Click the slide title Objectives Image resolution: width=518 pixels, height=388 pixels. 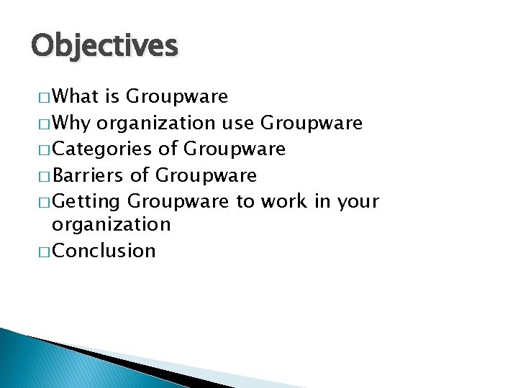[x=104, y=46]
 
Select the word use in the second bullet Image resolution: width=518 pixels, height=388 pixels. [x=237, y=123]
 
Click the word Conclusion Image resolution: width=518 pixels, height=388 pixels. [x=104, y=251]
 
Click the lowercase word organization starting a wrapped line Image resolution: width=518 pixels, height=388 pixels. [x=111, y=225]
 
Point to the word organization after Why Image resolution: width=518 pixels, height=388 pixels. [x=155, y=124]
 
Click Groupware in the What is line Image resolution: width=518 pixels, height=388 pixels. [x=177, y=97]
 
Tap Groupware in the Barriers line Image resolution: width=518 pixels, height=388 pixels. [x=206, y=175]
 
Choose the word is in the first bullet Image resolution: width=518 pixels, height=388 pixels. [x=114, y=96]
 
